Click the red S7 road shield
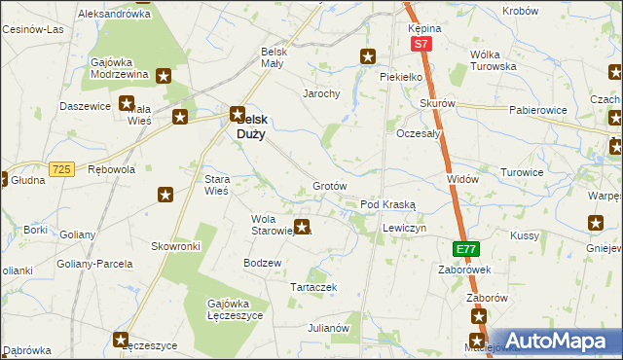420,45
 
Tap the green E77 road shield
466,250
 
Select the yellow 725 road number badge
62,169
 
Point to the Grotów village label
330,186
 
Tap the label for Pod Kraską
388,205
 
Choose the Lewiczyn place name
404,227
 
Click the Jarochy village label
320,94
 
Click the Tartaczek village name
314,288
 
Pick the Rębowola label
111,169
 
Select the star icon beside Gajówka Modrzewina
164,75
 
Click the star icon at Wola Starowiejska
303,228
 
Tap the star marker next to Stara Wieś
165,196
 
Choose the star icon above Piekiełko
368,56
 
